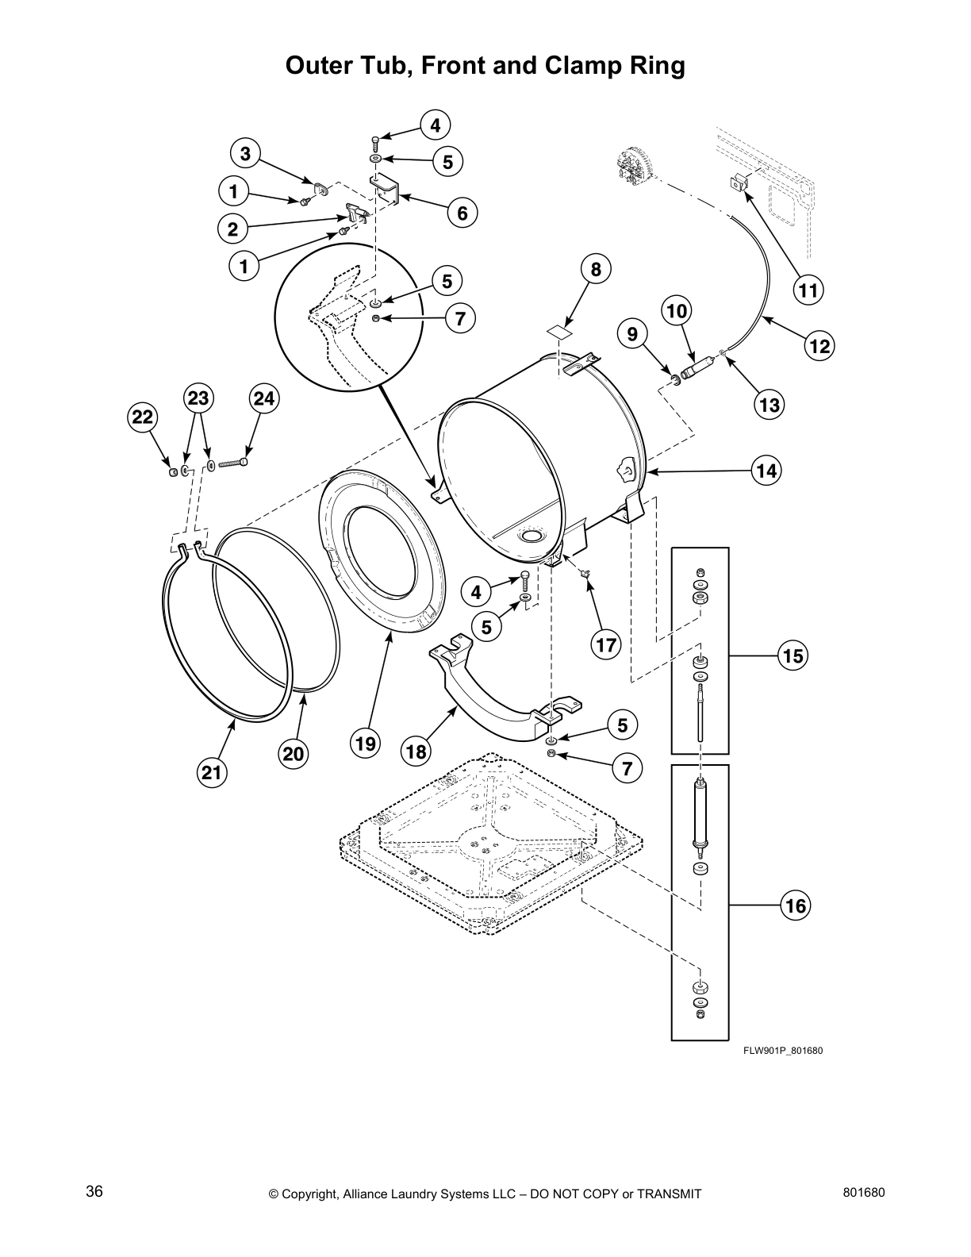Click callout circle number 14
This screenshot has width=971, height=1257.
click(x=766, y=471)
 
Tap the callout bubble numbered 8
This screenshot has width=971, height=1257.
click(x=596, y=269)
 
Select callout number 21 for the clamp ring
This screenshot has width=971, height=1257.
click(x=213, y=771)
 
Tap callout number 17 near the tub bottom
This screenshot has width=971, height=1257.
click(x=606, y=645)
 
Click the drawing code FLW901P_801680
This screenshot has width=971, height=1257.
click(x=782, y=1051)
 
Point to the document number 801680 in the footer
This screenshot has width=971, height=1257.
click(x=863, y=1192)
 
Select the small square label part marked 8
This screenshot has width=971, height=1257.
click(x=559, y=329)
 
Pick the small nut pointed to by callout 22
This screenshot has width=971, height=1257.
click(x=172, y=474)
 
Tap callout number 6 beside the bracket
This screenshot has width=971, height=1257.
click(x=462, y=213)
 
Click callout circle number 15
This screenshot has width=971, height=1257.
click(x=793, y=655)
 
